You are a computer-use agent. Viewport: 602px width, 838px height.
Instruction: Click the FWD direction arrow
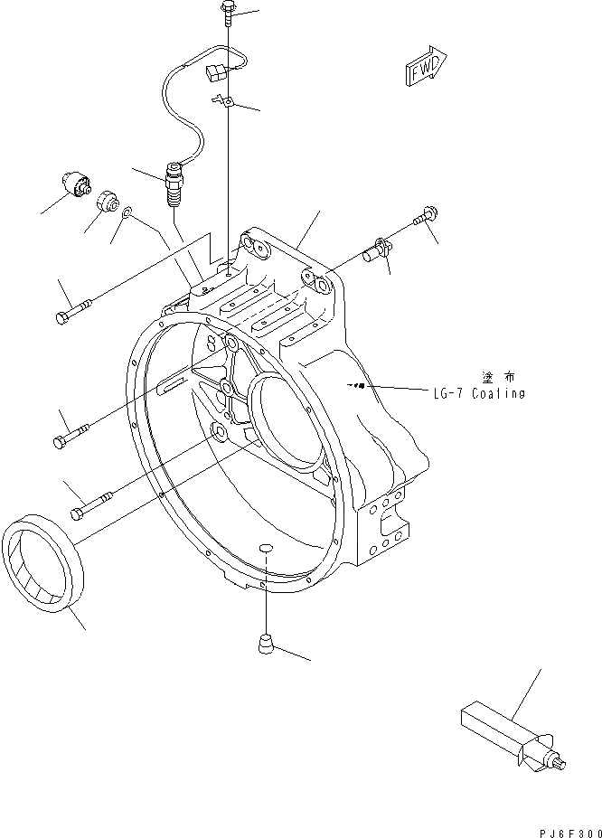[424, 70]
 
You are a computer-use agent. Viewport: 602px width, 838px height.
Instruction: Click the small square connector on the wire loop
[218, 71]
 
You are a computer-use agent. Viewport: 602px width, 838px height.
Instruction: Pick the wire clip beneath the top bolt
[224, 102]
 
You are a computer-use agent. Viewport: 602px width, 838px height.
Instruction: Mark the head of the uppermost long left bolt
[61, 316]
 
